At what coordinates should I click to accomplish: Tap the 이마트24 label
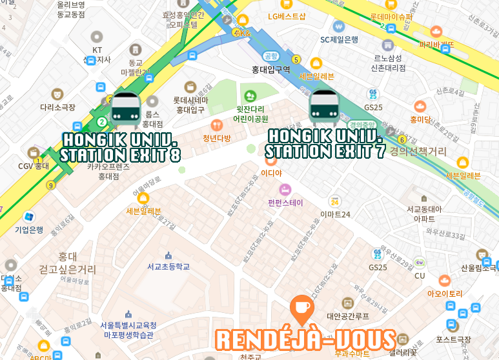pyautogui.click(x=336, y=214)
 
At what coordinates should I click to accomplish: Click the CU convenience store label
pyautogui.click(x=420, y=275)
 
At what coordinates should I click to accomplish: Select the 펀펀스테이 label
pyautogui.click(x=285, y=202)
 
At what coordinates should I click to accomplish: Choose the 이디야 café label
pyautogui.click(x=271, y=172)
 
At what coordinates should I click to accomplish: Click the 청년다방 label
pyautogui.click(x=217, y=137)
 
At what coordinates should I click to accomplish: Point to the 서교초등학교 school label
pyautogui.click(x=168, y=266)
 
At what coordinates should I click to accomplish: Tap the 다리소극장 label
pyautogui.click(x=57, y=108)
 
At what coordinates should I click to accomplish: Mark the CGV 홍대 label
pyautogui.click(x=34, y=166)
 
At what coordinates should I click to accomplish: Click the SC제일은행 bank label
pyautogui.click(x=339, y=39)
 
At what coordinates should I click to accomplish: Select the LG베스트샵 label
pyautogui.click(x=287, y=15)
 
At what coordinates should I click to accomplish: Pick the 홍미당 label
pyautogui.click(x=420, y=119)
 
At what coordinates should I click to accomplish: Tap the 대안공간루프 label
pyautogui.click(x=348, y=316)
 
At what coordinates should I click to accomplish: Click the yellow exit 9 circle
pyautogui.click(x=50, y=186)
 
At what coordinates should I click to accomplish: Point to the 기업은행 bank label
pyautogui.click(x=29, y=229)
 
